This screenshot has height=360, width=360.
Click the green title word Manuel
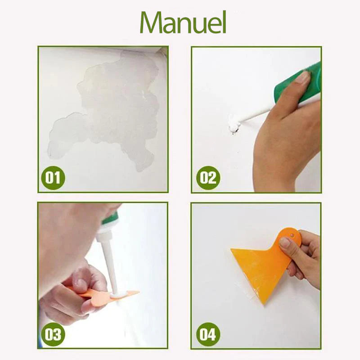pyautogui.click(x=183, y=22)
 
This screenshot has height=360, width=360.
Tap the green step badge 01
pyautogui.click(x=53, y=178)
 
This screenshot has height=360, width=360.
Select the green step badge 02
pyautogui.click(x=208, y=178)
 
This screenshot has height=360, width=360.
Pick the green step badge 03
pyautogui.click(x=53, y=334)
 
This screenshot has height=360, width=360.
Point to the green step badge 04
pyautogui.click(x=208, y=334)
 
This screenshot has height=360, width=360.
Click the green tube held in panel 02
pyautogui.click(x=298, y=84)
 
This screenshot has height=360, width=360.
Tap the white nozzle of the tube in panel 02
pyautogui.click(x=255, y=116)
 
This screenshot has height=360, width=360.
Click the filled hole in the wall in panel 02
pyautogui.click(x=234, y=126)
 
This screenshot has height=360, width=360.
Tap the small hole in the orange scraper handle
pyautogui.click(x=292, y=235)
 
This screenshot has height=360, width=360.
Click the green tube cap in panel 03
pyautogui.click(x=110, y=219)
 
